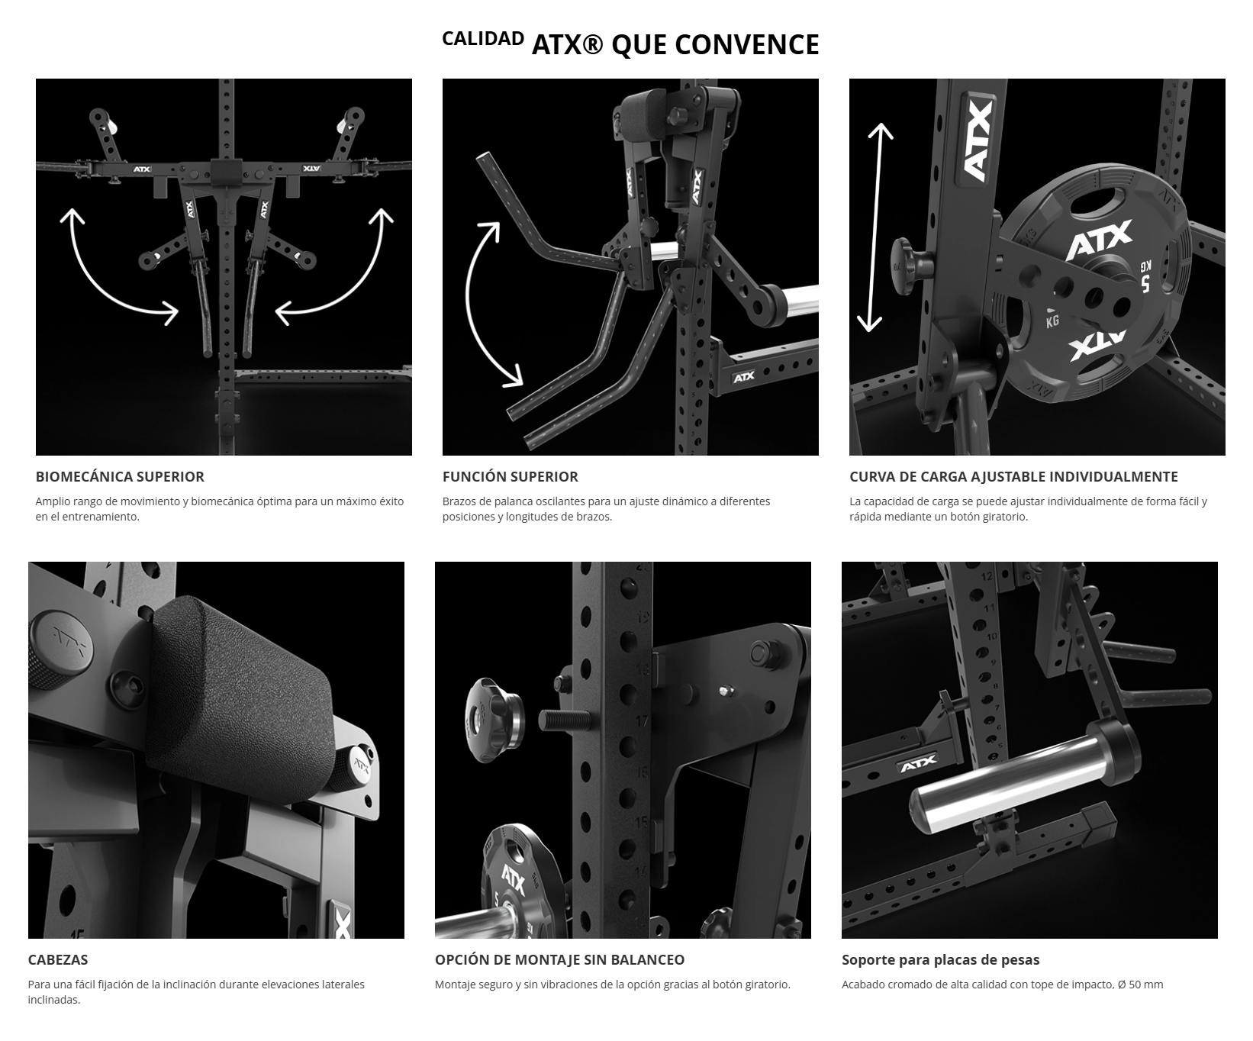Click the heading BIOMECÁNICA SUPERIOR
pyautogui.click(x=120, y=477)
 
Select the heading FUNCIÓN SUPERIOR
pyautogui.click(x=511, y=477)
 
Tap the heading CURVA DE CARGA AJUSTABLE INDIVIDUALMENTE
pyautogui.click(x=1013, y=477)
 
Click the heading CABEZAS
pyautogui.click(x=58, y=960)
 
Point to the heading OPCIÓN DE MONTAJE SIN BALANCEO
pyautogui.click(x=559, y=960)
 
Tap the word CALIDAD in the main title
pyautogui.click(x=483, y=38)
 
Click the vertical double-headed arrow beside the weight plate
pyautogui.click(x=875, y=227)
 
